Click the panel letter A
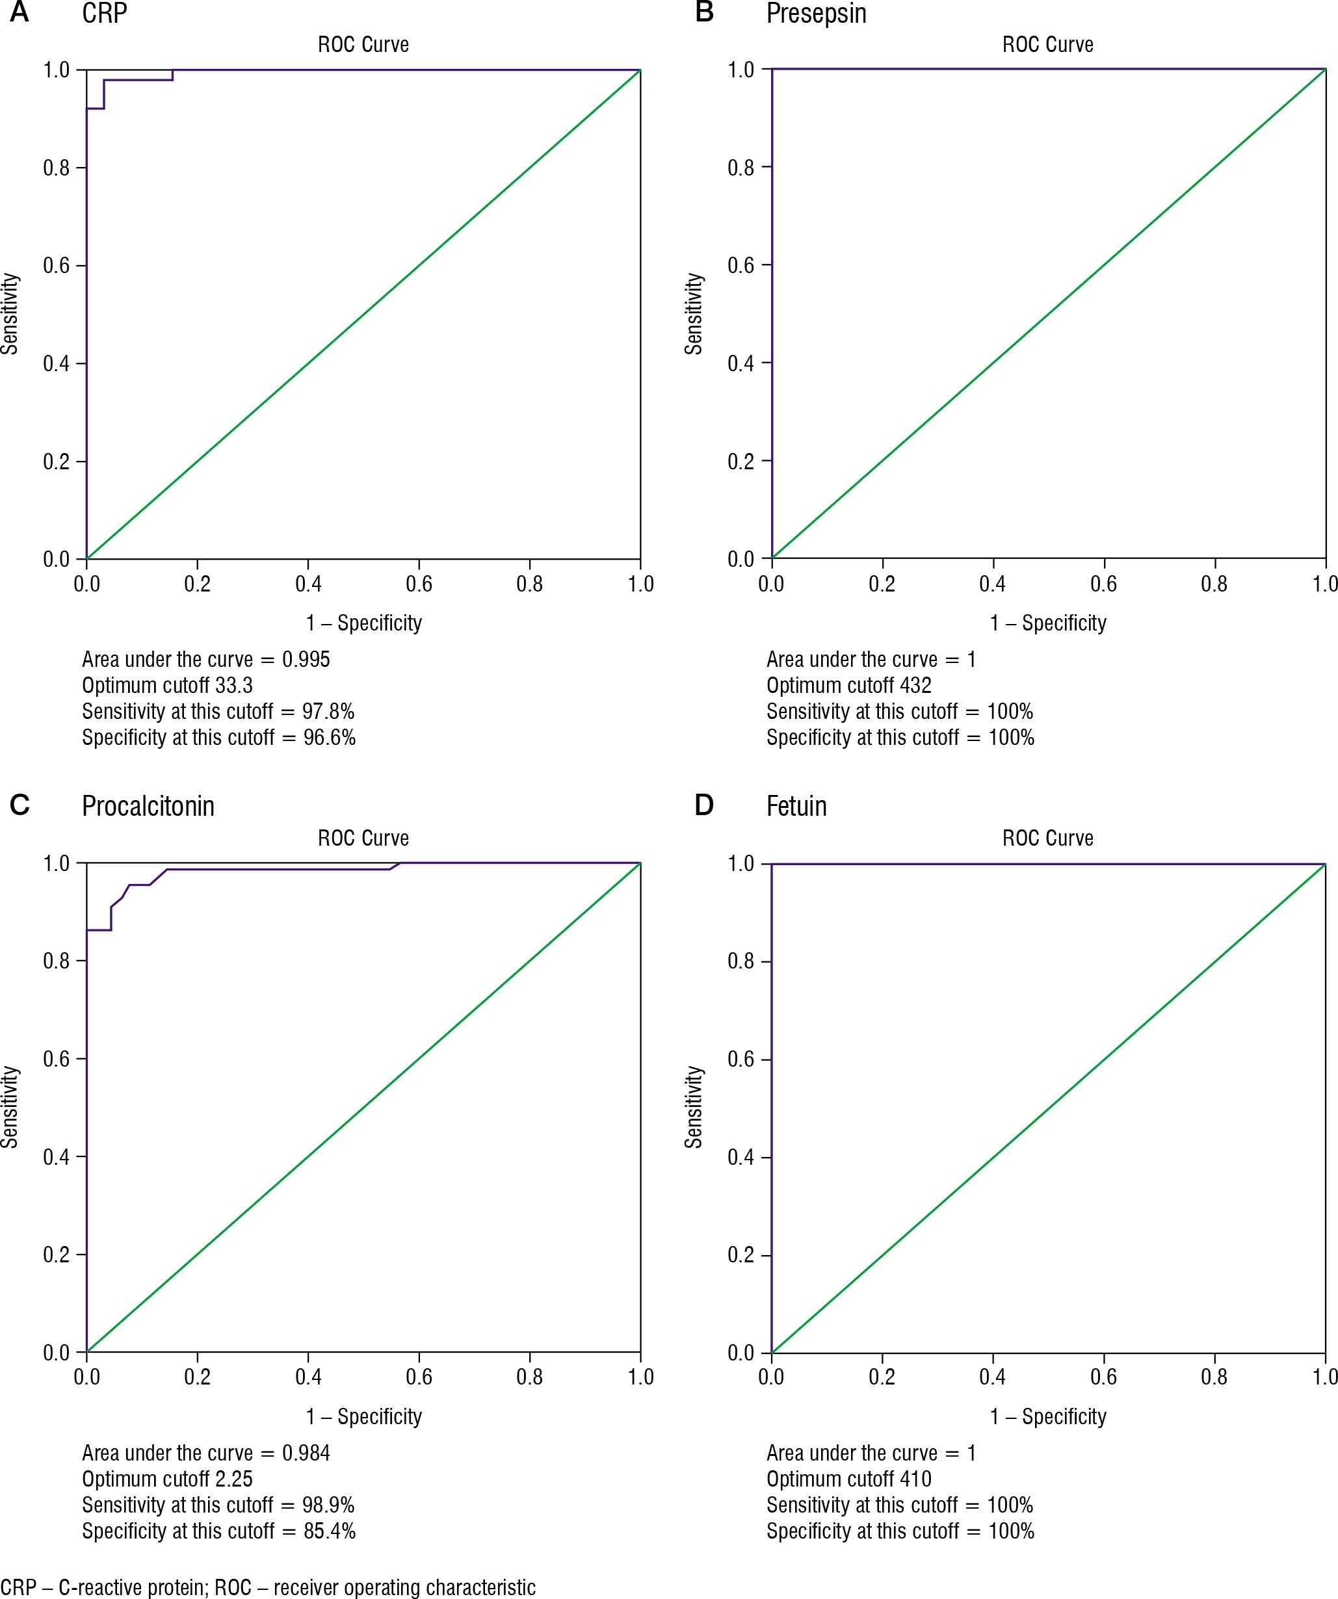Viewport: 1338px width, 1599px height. pos(19,12)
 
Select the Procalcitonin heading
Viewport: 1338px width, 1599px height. pos(148,807)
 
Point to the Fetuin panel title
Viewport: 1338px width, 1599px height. pos(796,807)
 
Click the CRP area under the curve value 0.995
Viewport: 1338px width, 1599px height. pos(306,659)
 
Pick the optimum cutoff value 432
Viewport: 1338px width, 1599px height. pos(915,685)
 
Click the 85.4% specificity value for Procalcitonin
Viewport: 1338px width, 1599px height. pos(330,1531)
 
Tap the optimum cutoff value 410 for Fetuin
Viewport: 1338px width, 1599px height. pos(915,1479)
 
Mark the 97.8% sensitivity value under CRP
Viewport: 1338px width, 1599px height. pos(328,711)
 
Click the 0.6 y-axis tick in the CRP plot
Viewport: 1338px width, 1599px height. pos(57,266)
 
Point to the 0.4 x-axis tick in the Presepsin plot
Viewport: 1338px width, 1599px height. pos(992,584)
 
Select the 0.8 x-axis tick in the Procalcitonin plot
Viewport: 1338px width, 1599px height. pos(530,1377)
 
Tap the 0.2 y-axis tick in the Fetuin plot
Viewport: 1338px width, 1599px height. pos(741,1255)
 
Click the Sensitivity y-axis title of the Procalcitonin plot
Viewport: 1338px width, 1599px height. pos(10,1106)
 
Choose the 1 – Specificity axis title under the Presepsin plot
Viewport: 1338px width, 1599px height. pos(1048,623)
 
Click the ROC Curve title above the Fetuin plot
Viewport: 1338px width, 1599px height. pos(1048,838)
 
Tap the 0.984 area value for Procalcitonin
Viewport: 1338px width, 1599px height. pos(306,1453)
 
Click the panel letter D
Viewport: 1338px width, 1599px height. pos(704,805)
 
